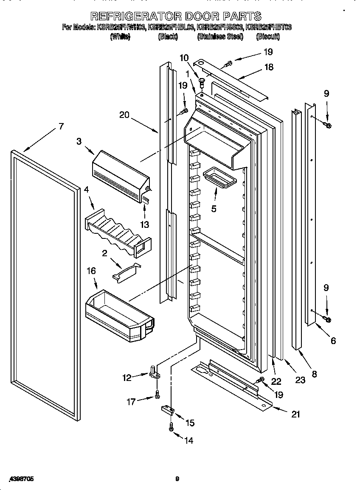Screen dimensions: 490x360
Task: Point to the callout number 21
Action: click(295, 414)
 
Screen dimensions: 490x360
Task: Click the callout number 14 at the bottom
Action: click(188, 440)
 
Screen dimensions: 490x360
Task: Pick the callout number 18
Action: click(268, 67)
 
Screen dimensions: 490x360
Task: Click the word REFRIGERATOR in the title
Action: click(136, 16)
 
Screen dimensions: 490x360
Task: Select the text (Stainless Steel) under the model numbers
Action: click(220, 37)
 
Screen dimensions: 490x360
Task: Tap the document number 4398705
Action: click(18, 479)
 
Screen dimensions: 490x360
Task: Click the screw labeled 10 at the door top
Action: click(202, 81)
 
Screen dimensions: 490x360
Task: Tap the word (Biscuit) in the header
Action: click(268, 37)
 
